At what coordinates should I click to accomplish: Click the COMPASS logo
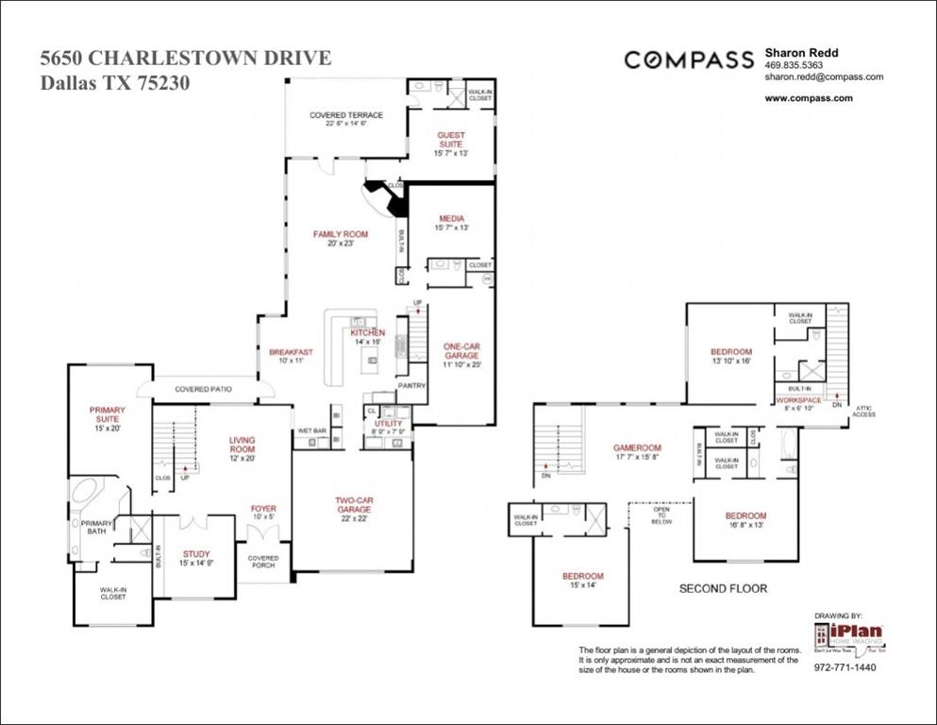point(689,59)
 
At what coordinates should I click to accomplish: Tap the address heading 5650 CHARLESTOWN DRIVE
point(185,59)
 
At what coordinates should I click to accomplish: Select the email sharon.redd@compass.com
point(823,77)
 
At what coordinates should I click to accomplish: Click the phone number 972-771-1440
point(845,667)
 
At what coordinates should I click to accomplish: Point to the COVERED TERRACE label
point(346,115)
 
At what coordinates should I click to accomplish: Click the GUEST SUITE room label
point(450,140)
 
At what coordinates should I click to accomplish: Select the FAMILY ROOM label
point(340,234)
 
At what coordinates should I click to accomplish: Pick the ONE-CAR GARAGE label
point(461,351)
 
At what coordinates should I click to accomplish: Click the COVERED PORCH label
point(263,563)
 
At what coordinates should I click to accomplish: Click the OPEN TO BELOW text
point(661,515)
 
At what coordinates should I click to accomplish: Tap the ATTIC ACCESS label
point(863,411)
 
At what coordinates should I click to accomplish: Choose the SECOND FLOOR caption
point(723,588)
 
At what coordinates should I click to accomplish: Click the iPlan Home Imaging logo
point(848,635)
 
